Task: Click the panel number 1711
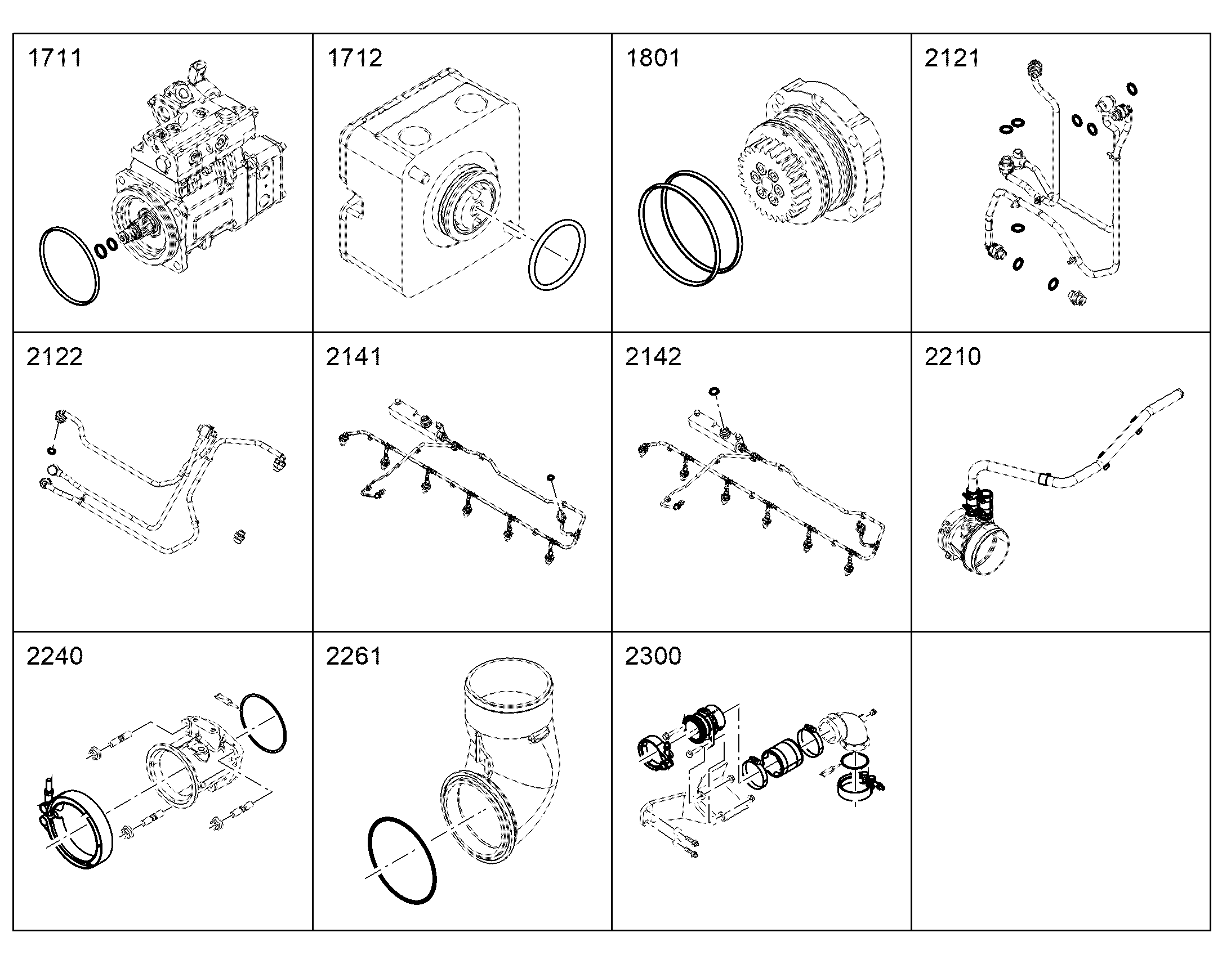click(x=55, y=58)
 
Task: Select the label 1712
click(x=355, y=58)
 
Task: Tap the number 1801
click(x=653, y=58)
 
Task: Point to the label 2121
click(x=952, y=58)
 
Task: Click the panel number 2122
click(x=55, y=357)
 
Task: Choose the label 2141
click(x=354, y=357)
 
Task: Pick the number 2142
click(x=653, y=357)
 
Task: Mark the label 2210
click(x=953, y=357)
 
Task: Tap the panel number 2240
click(x=55, y=656)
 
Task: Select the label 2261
click(x=354, y=656)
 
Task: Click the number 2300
click(x=653, y=656)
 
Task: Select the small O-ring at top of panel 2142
click(x=714, y=391)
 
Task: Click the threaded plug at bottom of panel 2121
click(x=1078, y=298)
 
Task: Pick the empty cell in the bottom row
click(x=1060, y=781)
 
